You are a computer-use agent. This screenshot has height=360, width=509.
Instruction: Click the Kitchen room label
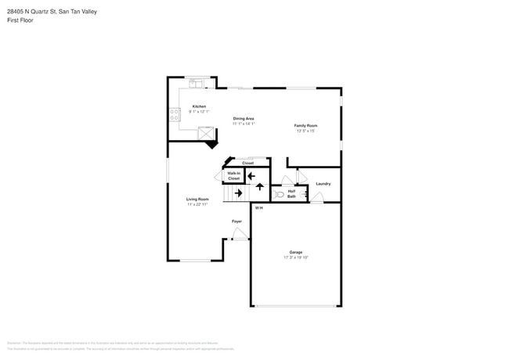(199, 106)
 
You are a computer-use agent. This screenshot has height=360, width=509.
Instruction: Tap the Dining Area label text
(244, 118)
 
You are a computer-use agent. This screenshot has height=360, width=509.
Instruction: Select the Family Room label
(305, 125)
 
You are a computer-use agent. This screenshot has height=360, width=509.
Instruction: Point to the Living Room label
(197, 199)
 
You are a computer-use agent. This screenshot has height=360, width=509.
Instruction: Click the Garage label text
(296, 252)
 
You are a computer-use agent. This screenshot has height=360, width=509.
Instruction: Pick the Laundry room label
(323, 184)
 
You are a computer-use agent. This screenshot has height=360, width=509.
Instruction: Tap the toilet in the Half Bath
(279, 194)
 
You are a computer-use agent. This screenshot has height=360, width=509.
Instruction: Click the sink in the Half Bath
(303, 193)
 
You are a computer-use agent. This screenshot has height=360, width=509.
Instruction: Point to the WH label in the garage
(258, 207)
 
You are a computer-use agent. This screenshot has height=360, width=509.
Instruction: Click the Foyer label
(236, 221)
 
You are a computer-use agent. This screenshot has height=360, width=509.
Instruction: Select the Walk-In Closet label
(233, 176)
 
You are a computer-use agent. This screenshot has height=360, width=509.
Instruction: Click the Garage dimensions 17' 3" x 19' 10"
(296, 257)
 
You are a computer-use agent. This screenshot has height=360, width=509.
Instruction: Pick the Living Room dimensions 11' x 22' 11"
(197, 204)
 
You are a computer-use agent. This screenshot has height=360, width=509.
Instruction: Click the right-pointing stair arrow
(238, 193)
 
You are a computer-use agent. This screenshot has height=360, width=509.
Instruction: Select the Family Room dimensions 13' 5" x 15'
(305, 131)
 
